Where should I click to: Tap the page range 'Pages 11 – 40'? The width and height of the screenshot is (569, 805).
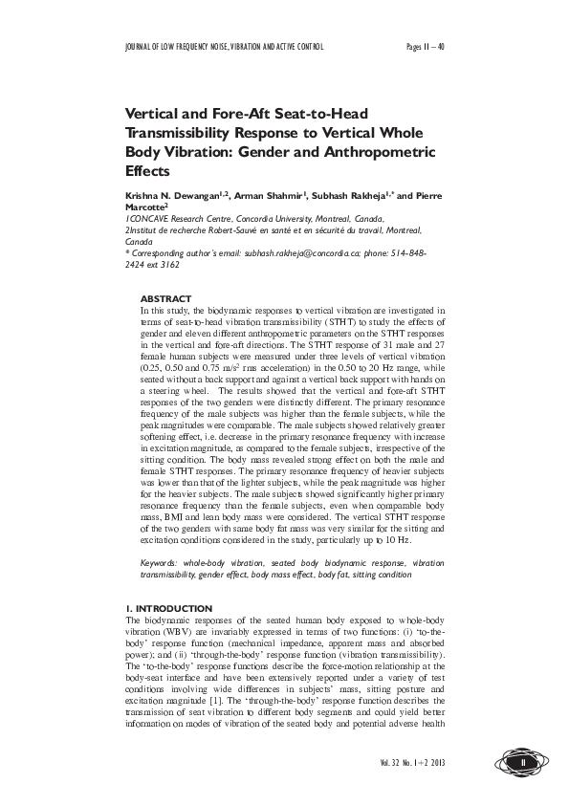[x=426, y=46]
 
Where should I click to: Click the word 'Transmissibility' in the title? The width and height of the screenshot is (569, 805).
[x=181, y=132]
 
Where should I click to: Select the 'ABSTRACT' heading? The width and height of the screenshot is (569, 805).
[x=165, y=299]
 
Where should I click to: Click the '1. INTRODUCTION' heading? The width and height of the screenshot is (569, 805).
[x=169, y=609]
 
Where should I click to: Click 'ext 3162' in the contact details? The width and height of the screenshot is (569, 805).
[x=168, y=265]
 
